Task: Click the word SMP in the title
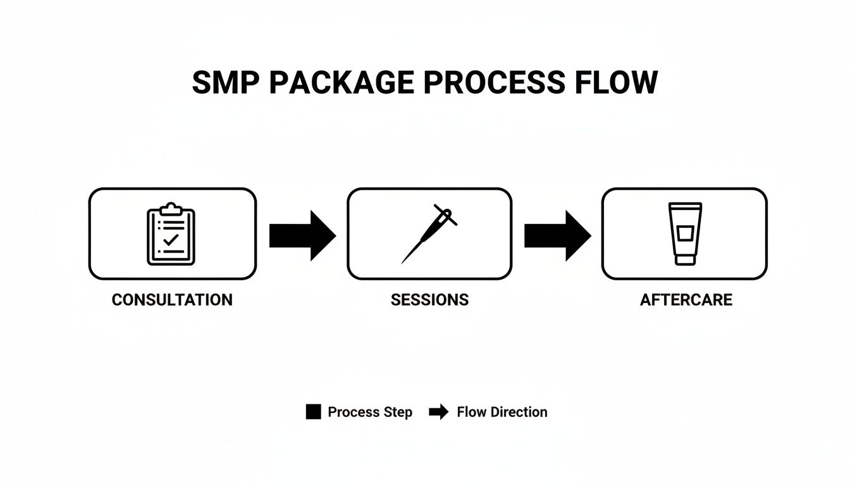pyautogui.click(x=225, y=83)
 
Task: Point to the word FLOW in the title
pyautogui.click(x=617, y=83)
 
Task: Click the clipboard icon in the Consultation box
pyautogui.click(x=171, y=234)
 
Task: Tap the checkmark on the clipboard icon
pyautogui.click(x=171, y=240)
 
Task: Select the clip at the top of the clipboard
pyautogui.click(x=171, y=208)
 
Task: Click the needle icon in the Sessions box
pyautogui.click(x=429, y=233)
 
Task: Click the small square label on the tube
pyautogui.click(x=684, y=234)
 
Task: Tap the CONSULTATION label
pyautogui.click(x=172, y=300)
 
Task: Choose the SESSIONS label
pyautogui.click(x=429, y=300)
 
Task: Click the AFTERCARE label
pyautogui.click(x=686, y=300)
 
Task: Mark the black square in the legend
pyautogui.click(x=313, y=412)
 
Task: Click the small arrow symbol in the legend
pyautogui.click(x=438, y=413)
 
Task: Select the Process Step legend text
pyautogui.click(x=370, y=413)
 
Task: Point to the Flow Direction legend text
pyautogui.click(x=502, y=413)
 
